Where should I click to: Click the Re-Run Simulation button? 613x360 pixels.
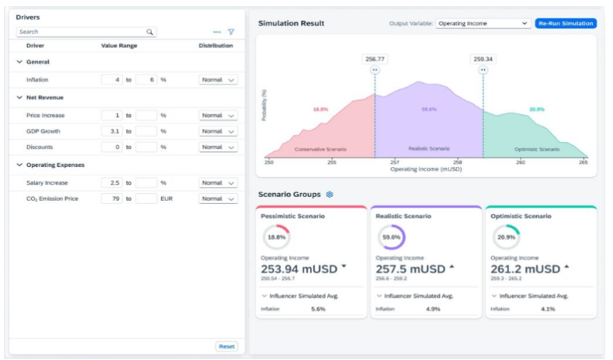pyautogui.click(x=566, y=23)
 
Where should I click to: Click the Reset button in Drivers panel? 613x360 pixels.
pyautogui.click(x=227, y=346)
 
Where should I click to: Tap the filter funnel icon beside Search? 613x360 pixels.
pyautogui.click(x=230, y=32)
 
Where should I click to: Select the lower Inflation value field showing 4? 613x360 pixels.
pyautogui.click(x=112, y=80)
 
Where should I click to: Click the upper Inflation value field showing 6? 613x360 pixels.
pyautogui.click(x=146, y=80)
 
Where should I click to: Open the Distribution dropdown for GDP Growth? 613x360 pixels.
pyautogui.click(x=218, y=131)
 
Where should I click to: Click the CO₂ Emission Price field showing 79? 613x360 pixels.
pyautogui.click(x=112, y=199)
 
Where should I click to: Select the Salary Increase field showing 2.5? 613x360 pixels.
pyautogui.click(x=112, y=182)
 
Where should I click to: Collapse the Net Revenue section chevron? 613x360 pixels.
pyautogui.click(x=20, y=98)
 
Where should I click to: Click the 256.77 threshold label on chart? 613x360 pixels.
pyautogui.click(x=375, y=58)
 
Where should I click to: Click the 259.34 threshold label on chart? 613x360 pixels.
pyautogui.click(x=483, y=58)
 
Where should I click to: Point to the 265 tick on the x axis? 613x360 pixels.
pyautogui.click(x=583, y=162)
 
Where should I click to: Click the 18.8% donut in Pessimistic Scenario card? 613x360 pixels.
pyautogui.click(x=277, y=237)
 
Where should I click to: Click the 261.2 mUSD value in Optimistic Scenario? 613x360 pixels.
pyautogui.click(x=525, y=269)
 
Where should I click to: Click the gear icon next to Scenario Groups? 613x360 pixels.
pyautogui.click(x=329, y=194)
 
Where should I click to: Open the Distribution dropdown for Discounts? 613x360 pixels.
pyautogui.click(x=218, y=147)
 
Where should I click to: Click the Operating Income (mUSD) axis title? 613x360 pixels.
pyautogui.click(x=425, y=168)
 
